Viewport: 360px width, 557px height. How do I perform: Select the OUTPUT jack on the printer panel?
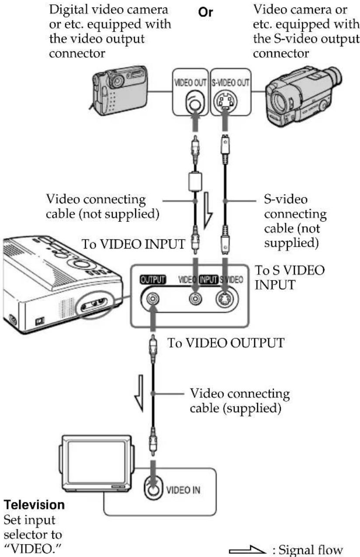(152, 299)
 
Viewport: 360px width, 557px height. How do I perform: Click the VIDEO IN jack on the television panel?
(152, 490)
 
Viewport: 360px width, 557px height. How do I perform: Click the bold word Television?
(35, 505)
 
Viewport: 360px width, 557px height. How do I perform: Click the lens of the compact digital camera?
(116, 80)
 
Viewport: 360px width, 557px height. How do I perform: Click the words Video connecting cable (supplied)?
(239, 401)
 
